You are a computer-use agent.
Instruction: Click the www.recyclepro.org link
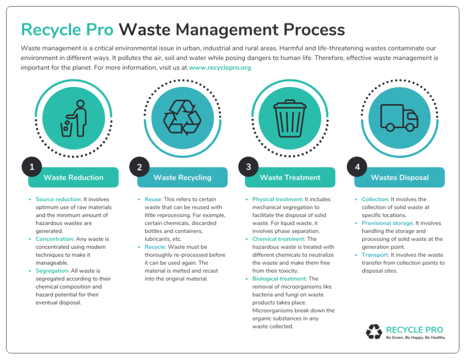point(220,68)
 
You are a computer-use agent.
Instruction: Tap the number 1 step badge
point(32,167)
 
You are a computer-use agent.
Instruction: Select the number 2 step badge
point(139,167)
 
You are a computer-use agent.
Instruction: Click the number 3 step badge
point(248,167)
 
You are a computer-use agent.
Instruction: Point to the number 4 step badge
point(357,167)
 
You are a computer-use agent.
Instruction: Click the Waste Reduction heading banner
point(73,177)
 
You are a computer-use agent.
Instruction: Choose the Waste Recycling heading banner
point(182,177)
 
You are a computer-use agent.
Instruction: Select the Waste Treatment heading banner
point(290,177)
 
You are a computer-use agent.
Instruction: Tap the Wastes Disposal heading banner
point(400,177)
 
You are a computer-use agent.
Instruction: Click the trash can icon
point(290,118)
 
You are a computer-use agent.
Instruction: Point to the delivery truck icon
point(400,118)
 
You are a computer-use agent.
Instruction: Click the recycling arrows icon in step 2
point(182,117)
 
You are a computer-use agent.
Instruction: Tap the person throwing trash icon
point(74,118)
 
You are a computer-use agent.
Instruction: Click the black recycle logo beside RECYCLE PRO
point(374,332)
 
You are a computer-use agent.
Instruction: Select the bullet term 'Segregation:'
point(52,271)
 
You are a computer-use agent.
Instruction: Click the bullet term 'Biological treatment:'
point(280,279)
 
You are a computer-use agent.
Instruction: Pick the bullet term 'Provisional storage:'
point(388,223)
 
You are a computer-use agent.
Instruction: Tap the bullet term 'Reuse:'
point(153,199)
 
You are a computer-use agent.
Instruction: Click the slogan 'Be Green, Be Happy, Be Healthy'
point(415,338)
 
